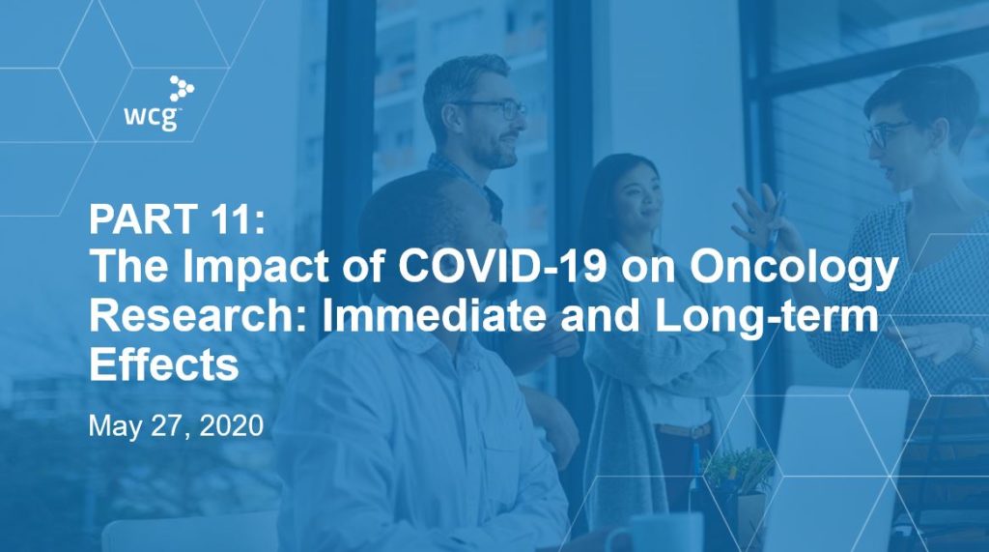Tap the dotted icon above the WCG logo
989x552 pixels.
[182, 88]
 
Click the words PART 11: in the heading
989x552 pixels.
[178, 218]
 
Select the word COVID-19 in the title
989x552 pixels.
[502, 266]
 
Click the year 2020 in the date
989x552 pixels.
[232, 425]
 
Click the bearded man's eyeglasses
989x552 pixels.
[492, 108]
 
